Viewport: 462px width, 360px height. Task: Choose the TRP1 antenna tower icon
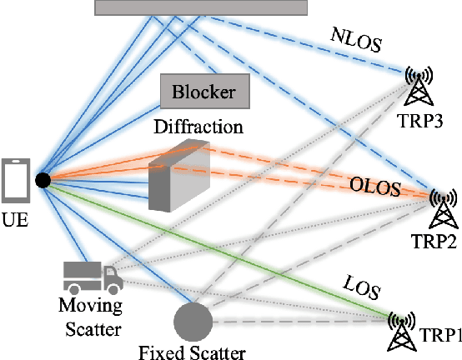tap(403, 331)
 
